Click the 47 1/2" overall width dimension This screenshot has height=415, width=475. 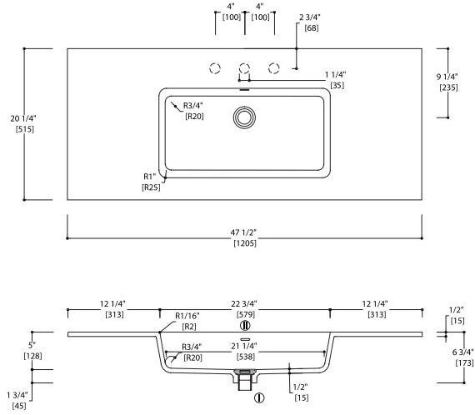[243, 232]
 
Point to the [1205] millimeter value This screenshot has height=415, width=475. [245, 243]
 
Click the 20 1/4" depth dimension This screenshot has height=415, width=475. [23, 118]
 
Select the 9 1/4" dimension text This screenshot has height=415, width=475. [447, 77]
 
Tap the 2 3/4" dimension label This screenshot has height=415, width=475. [310, 17]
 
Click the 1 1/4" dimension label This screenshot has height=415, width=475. [335, 74]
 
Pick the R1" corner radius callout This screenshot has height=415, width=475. [150, 177]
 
